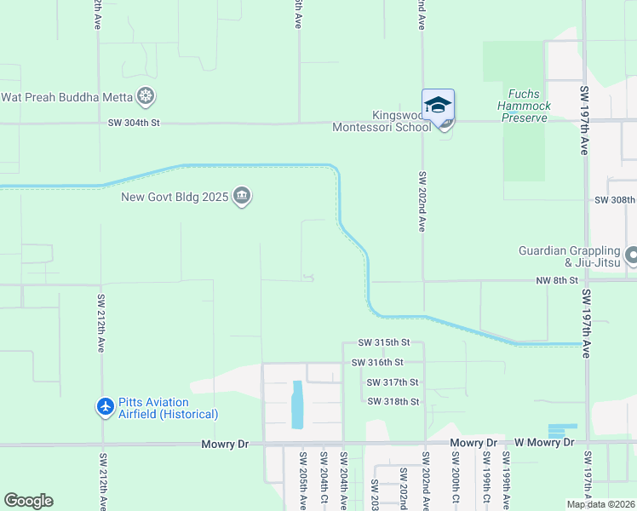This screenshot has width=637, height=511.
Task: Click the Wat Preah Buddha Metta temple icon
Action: (146, 96)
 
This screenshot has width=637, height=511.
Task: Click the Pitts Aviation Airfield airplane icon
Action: (106, 407)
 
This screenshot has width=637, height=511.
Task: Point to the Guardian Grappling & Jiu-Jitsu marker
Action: (632, 255)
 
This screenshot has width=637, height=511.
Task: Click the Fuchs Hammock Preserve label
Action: (524, 106)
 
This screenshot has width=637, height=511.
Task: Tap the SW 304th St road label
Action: (134, 123)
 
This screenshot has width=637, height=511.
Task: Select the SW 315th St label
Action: (384, 342)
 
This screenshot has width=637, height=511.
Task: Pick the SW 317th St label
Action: (393, 382)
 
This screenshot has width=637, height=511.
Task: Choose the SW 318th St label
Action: (393, 401)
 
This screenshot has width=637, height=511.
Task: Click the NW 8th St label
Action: (557, 279)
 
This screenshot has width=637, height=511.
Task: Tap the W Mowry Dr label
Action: (545, 443)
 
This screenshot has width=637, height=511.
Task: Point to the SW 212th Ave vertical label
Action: (100, 324)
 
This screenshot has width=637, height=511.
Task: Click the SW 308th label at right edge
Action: (615, 200)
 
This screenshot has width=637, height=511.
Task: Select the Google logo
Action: (28, 501)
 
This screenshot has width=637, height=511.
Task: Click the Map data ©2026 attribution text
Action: (600, 504)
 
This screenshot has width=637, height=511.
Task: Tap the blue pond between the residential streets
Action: (297, 405)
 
